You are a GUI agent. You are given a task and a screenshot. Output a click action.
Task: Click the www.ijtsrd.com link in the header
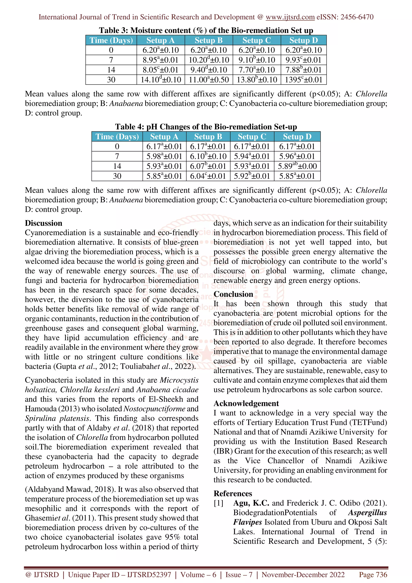[290, 17]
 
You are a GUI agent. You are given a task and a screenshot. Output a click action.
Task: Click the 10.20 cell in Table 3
[209, 60]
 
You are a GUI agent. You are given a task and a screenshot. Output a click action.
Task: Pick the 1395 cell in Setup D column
[303, 80]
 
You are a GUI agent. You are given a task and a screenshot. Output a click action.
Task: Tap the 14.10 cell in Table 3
[161, 80]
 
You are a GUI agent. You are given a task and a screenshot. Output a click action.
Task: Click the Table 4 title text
[206, 127]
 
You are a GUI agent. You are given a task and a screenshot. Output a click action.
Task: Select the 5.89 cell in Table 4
[297, 166]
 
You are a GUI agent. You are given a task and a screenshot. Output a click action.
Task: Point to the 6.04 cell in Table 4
[208, 176]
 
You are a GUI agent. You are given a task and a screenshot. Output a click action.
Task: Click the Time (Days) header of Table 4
[117, 137]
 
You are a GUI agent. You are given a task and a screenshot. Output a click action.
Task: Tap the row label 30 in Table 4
[117, 176]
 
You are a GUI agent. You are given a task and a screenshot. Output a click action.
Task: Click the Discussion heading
[43, 223]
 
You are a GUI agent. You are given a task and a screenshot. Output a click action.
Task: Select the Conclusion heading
[233, 294]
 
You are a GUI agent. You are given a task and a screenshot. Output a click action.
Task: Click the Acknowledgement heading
[246, 404]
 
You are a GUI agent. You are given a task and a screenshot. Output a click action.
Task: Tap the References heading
[233, 493]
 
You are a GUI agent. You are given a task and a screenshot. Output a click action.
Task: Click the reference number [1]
[218, 503]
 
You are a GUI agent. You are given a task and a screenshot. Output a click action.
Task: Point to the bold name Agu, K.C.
[251, 503]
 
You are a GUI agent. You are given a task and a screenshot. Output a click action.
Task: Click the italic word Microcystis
[179, 380]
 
